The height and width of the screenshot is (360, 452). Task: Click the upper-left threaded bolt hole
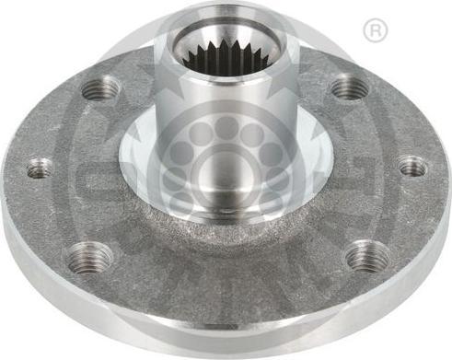coord(101,89)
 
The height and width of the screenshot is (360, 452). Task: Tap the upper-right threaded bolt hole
coord(349,88)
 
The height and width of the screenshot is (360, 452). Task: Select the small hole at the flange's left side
coord(40,168)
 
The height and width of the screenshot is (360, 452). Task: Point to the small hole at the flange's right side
coord(412,167)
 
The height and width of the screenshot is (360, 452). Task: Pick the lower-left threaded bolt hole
coord(90,257)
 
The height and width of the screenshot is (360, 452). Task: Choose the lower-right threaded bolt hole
coord(366,255)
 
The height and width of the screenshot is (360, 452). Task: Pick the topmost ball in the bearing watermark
coord(225,124)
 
